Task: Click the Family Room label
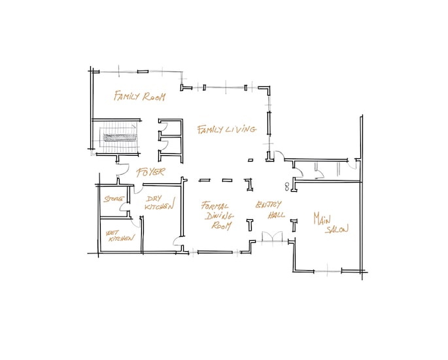tap(139, 96)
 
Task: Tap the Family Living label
tap(226, 129)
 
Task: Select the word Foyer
tap(150, 172)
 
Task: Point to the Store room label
tap(114, 199)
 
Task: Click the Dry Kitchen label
tap(160, 202)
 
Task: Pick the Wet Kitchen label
tap(120, 236)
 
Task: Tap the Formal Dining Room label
tap(218, 215)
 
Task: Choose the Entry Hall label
tap(269, 209)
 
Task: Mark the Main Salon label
tap(331, 223)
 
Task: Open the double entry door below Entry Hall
tap(272, 237)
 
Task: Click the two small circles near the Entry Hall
tap(287, 186)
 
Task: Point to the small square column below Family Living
tap(250, 160)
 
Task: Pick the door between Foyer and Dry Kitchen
tap(138, 189)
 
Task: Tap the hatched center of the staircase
tap(120, 137)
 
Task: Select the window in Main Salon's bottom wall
tap(328, 271)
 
